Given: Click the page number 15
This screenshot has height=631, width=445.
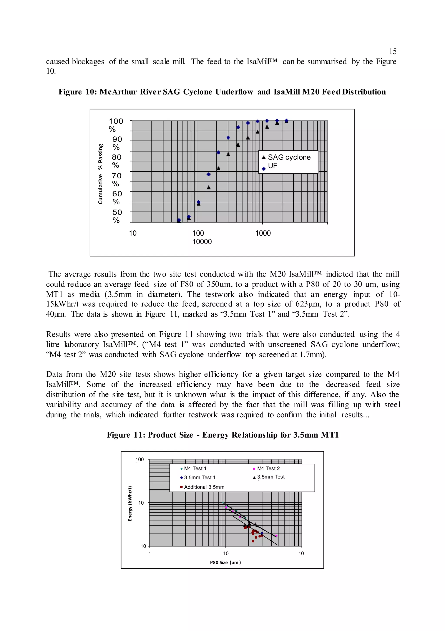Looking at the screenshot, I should (393, 51).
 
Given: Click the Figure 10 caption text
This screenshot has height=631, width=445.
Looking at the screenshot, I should (222, 92).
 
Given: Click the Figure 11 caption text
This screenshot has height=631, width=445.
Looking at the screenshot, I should (223, 435).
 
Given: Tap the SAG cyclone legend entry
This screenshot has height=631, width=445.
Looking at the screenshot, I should (289, 158).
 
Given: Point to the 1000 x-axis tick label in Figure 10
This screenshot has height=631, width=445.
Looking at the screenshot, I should (263, 233).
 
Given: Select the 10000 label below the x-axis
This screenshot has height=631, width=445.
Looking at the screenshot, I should (202, 242).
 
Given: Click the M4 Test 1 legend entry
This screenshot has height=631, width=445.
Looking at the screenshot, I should (195, 469).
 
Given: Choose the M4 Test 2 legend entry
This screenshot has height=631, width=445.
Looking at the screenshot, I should (268, 469).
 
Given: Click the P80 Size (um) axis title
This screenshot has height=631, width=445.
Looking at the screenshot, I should (225, 562).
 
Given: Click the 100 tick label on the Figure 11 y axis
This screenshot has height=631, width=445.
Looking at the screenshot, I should (139, 460).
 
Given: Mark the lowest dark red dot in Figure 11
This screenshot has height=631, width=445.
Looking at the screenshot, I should (253, 541).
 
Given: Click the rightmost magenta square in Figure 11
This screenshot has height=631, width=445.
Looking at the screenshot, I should (276, 536).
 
